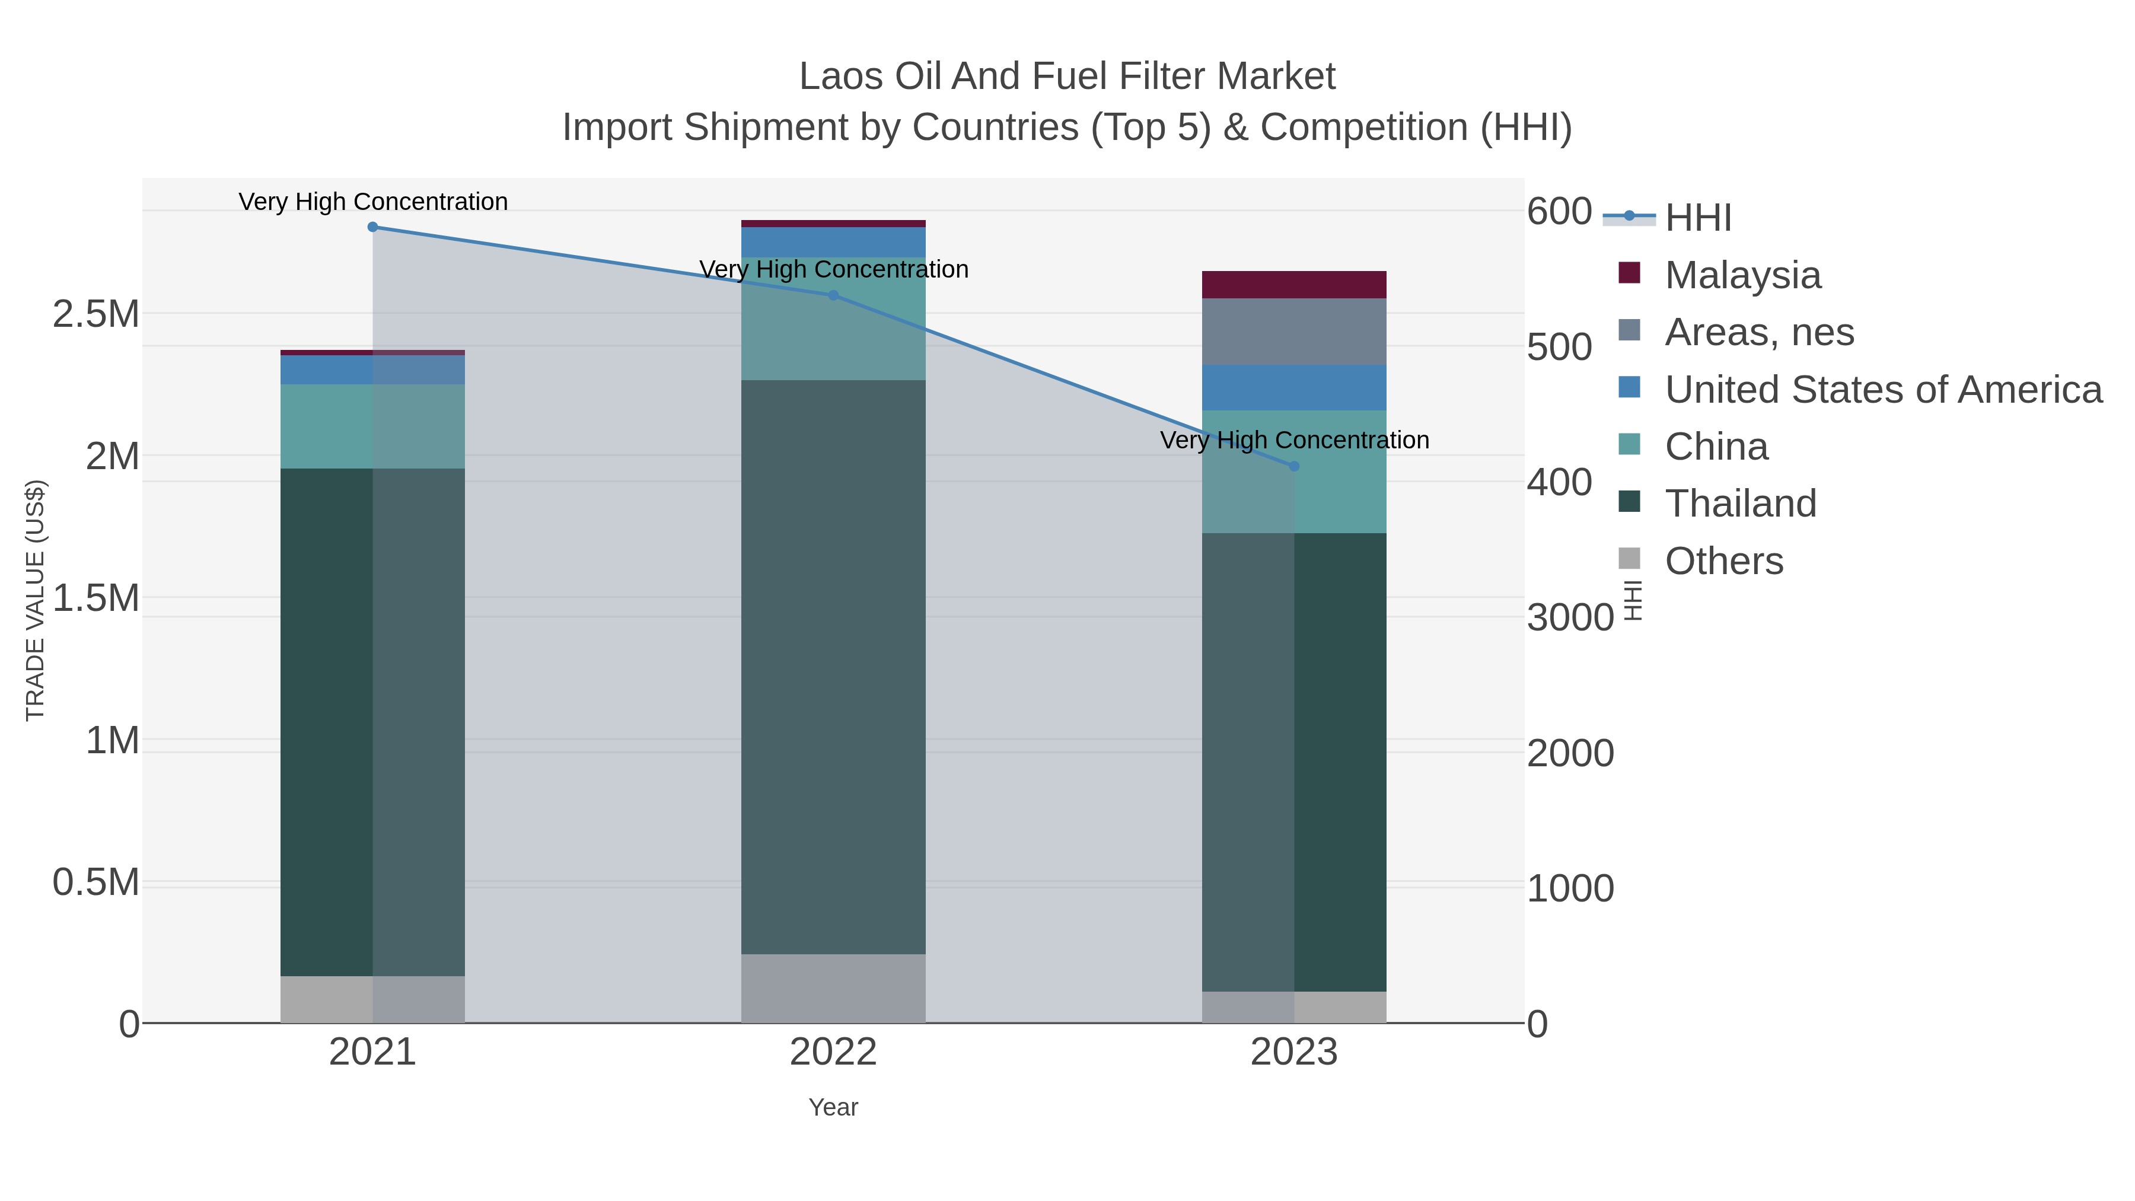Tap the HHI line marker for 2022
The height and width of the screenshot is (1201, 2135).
(833, 295)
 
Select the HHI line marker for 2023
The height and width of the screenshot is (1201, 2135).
(1294, 467)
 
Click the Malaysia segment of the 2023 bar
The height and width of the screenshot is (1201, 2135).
(1294, 284)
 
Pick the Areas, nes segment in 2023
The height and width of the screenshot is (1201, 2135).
(1294, 332)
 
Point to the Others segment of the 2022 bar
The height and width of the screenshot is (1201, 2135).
(833, 988)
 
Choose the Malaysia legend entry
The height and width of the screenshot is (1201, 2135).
(1742, 275)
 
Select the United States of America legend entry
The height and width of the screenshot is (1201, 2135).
(1883, 390)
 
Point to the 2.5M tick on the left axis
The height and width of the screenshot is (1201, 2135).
(96, 315)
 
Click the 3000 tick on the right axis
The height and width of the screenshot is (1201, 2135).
(1570, 619)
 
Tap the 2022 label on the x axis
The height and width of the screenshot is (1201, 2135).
(833, 1053)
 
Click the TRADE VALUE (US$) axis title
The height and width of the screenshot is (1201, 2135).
(36, 600)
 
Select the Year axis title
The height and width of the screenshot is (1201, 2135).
(833, 1107)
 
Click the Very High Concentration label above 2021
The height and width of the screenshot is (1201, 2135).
(373, 202)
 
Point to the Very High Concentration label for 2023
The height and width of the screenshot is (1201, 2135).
(1294, 440)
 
